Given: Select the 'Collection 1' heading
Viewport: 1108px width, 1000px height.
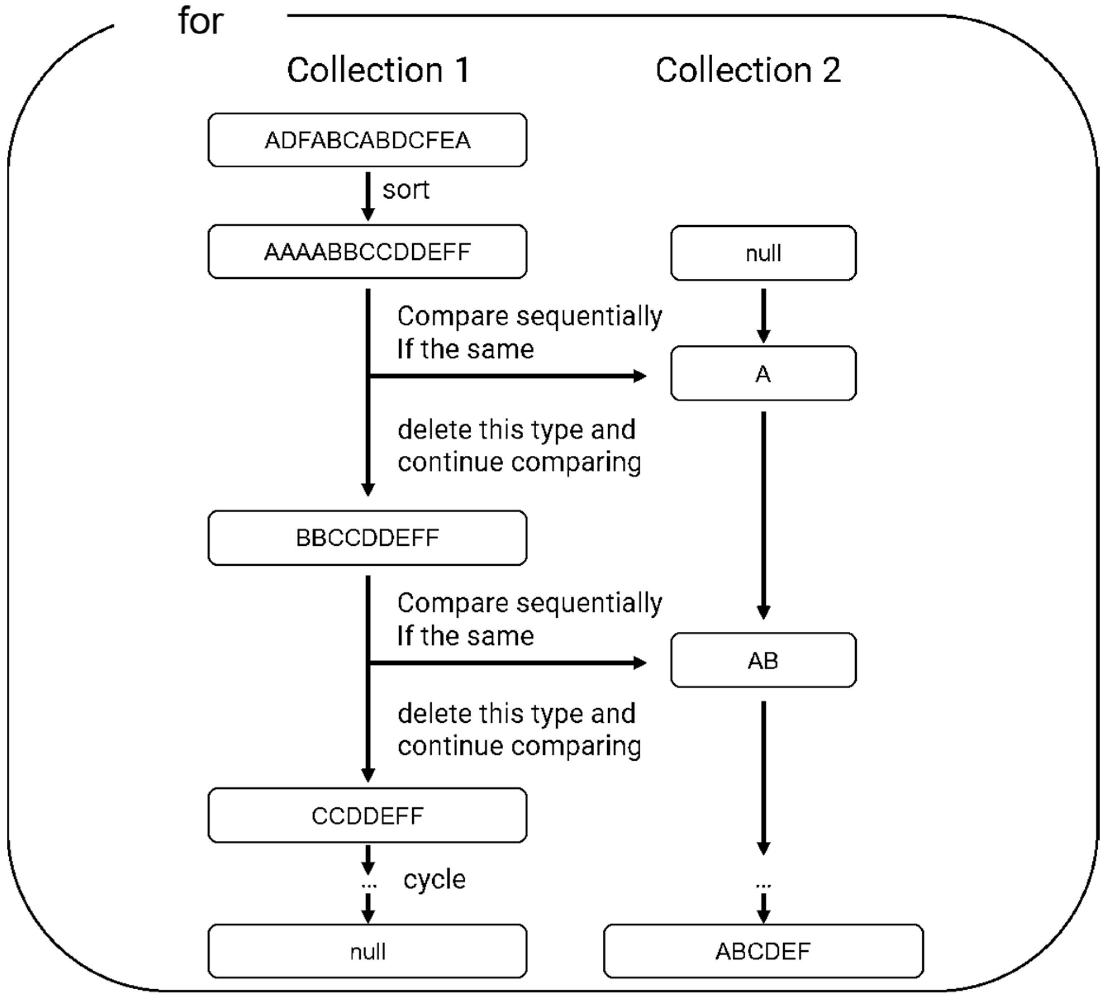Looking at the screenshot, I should pos(378,70).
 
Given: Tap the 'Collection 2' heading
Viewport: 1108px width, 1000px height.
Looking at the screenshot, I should pos(748,70).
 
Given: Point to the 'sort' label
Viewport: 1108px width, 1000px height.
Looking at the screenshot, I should pos(405,190).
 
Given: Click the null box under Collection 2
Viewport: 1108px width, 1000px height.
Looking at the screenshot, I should pos(763,253).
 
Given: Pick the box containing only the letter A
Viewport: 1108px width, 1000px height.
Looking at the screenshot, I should pos(763,374).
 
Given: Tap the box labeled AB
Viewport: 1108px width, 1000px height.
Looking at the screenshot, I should pos(763,660).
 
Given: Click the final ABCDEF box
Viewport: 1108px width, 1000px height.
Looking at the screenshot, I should pos(763,951).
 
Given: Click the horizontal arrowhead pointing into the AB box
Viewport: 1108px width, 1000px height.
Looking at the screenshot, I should pos(640,663).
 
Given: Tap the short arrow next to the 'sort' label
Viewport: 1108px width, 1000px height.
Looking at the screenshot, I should pos(368,196).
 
